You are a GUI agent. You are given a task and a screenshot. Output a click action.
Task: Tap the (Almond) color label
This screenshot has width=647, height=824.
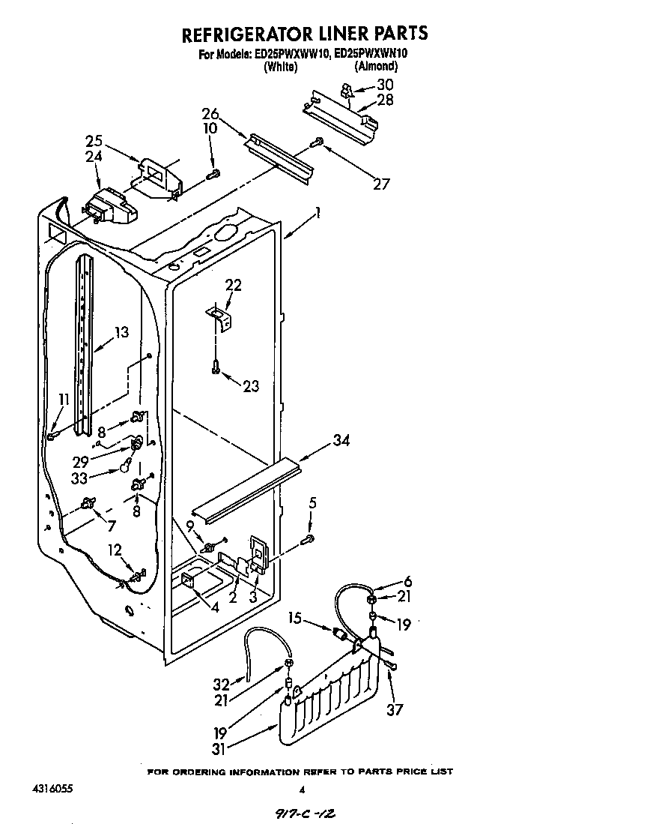376,66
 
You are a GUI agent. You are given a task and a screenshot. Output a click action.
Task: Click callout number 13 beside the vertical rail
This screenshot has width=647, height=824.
121,332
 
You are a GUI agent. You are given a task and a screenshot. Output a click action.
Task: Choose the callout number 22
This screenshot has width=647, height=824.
234,286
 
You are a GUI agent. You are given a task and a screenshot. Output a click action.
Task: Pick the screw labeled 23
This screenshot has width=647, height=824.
216,368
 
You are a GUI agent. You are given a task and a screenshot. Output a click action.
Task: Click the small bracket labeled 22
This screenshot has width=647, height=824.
220,317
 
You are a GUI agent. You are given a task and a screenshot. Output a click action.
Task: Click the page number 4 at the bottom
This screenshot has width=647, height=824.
302,789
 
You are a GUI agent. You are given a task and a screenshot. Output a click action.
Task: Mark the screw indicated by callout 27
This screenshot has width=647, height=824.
318,140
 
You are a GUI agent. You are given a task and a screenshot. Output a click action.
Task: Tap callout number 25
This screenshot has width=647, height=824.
94,140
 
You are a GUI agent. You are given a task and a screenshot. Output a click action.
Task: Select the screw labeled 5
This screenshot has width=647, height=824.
308,538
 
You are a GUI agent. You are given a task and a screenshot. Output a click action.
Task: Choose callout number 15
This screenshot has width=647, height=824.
295,618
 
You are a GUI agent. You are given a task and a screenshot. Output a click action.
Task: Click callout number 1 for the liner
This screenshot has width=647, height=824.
318,213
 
